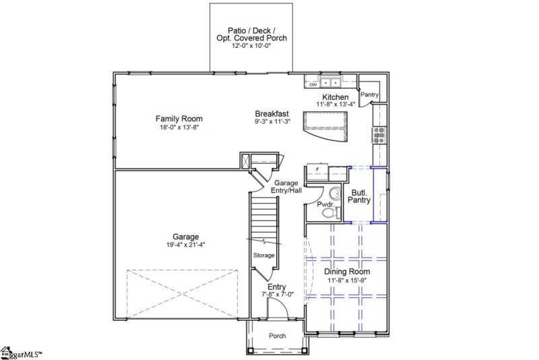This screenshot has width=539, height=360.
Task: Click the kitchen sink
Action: pos(331,84)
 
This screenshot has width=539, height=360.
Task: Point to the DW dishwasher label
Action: pos(313,85)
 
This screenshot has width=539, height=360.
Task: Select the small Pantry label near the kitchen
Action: pos(370,95)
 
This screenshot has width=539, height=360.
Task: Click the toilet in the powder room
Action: pos(329,213)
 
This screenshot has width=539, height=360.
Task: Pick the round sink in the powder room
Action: pos(335,193)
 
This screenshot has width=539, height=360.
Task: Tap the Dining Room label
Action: pos(347,271)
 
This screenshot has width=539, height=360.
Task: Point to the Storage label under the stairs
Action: pos(263,256)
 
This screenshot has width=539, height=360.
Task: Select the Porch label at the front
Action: pos(277,336)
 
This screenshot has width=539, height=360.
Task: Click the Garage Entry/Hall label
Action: pos(287,187)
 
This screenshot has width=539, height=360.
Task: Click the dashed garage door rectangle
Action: pos(183,293)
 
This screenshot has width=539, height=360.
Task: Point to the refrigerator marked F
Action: pos(318,169)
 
